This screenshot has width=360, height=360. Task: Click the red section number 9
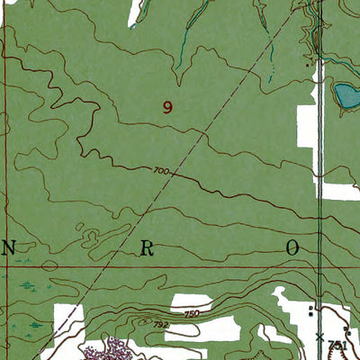(x=167, y=107)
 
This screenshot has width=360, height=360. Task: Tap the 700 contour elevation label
(x=161, y=171)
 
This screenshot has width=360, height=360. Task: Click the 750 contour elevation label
(x=191, y=313)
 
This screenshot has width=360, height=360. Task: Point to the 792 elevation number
(x=160, y=322)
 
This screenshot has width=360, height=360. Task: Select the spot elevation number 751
(x=337, y=345)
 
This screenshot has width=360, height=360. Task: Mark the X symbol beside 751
(x=320, y=337)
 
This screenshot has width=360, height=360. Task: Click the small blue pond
(x=346, y=95)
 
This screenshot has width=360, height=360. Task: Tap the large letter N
(x=8, y=248)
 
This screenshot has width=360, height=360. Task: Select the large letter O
(x=292, y=247)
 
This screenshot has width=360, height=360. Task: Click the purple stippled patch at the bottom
(x=112, y=349)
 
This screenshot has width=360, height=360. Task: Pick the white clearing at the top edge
(x=137, y=12)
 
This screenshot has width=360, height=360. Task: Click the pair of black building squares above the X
(x=311, y=312)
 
